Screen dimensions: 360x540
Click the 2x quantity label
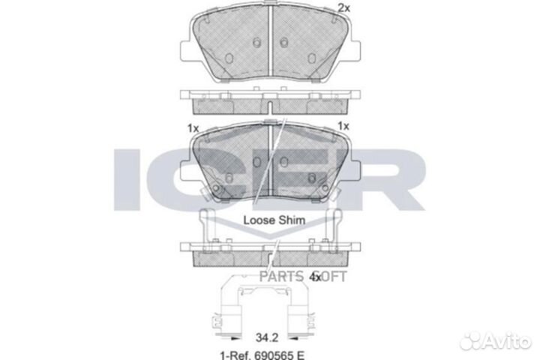[344, 8]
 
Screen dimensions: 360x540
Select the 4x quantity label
[316, 277]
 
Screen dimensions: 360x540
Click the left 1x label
[193, 128]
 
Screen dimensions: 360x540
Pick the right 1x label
[344, 127]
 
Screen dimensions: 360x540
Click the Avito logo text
[505, 341]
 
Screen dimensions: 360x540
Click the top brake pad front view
[270, 45]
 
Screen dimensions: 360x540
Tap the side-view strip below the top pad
[270, 100]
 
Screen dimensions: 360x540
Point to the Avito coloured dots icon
[472, 340]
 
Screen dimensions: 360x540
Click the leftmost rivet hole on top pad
[228, 57]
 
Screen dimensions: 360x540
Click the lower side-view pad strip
[270, 252]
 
